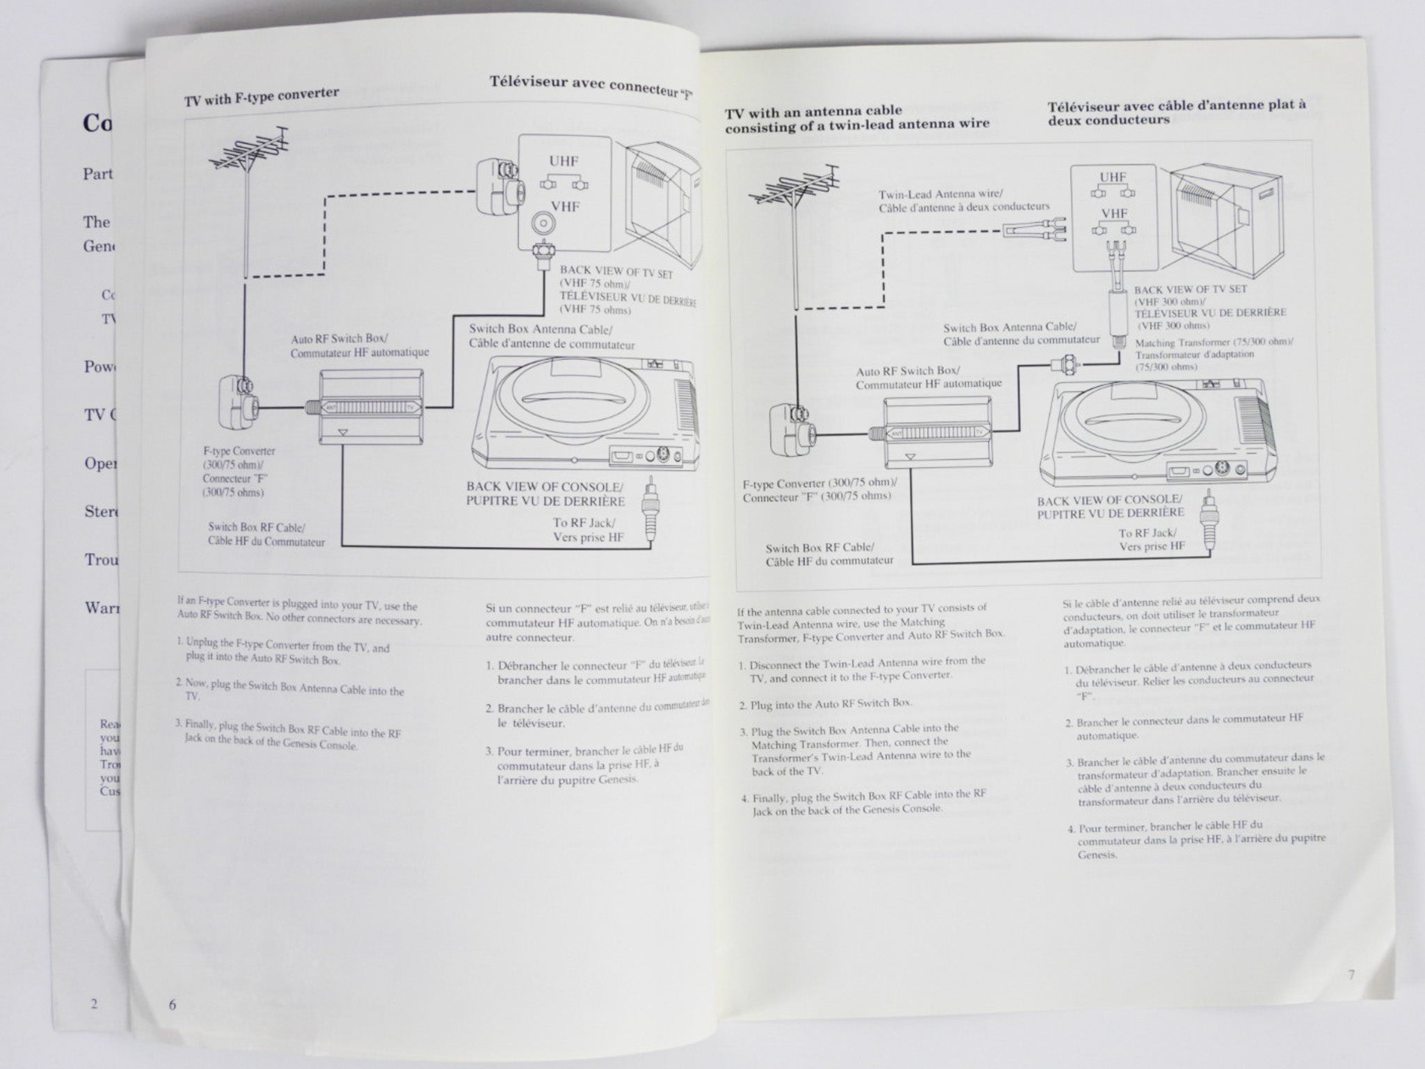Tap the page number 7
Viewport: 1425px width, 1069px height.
[1351, 975]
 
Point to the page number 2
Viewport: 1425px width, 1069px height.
[93, 1003]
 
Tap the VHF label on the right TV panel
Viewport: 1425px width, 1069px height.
[1113, 214]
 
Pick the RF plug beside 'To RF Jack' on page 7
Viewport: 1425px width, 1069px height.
[1208, 521]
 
